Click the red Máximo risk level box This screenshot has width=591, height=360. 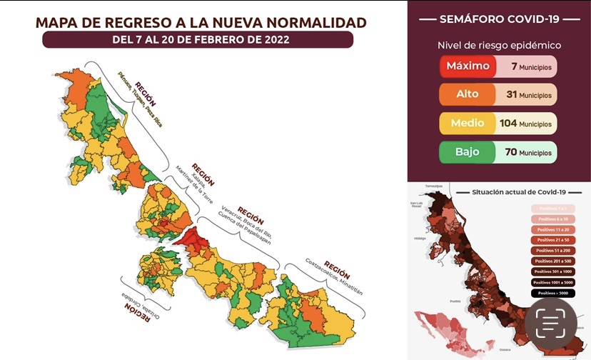tap(468, 66)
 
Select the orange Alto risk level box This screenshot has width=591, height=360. tap(468, 94)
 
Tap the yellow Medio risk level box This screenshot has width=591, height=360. tap(468, 123)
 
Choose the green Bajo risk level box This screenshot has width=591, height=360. tap(468, 151)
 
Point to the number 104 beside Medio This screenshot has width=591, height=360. tap(508, 123)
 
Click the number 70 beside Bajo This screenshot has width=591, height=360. tap(508, 151)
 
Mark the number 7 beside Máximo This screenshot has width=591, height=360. tap(514, 66)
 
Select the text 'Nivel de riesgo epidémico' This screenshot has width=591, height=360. tap(499, 45)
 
